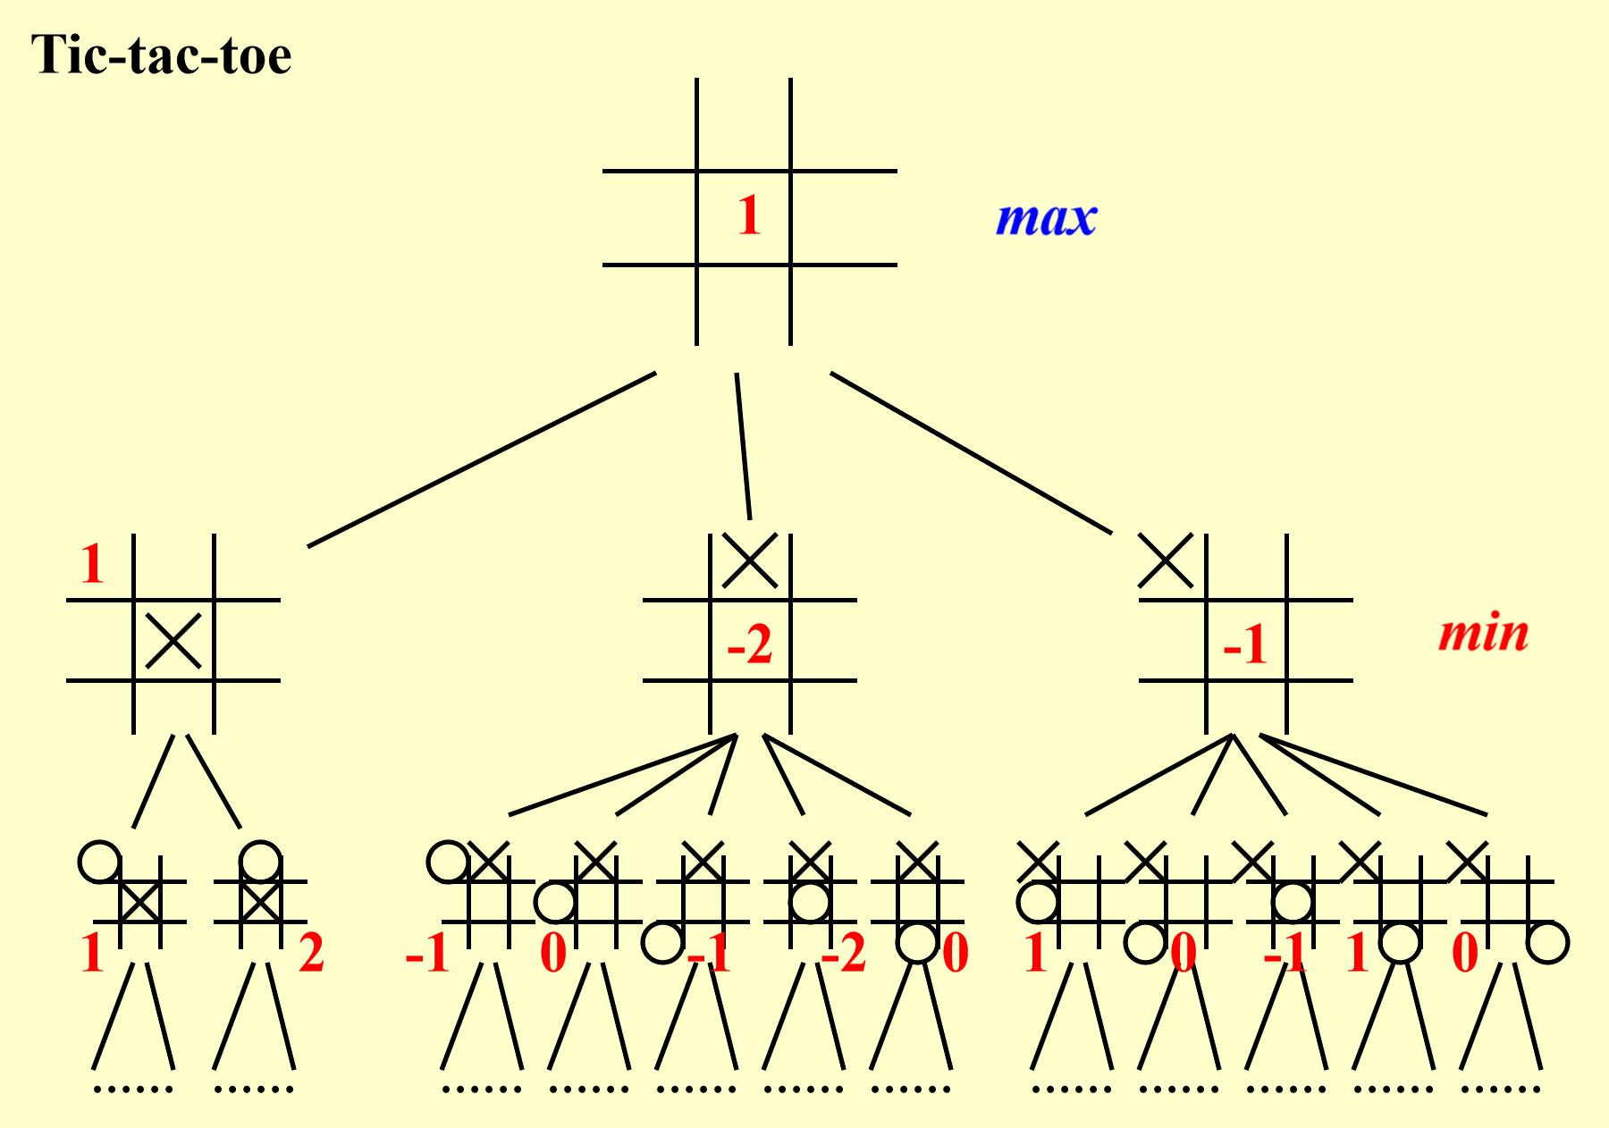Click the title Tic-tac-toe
click(x=162, y=55)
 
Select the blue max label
click(x=1046, y=218)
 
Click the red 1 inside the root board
click(x=749, y=215)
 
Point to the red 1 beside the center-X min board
click(x=92, y=565)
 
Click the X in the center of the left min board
click(x=173, y=640)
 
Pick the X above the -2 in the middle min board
click(x=749, y=560)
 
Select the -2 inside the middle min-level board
click(x=749, y=644)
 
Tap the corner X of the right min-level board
click(x=1166, y=560)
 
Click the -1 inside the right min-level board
click(x=1244, y=644)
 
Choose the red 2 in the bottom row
click(x=311, y=953)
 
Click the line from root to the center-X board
click(x=483, y=459)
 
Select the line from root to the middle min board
click(x=743, y=445)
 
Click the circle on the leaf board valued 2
click(x=260, y=861)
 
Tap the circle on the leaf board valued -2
click(x=810, y=902)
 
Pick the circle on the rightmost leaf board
click(x=1547, y=942)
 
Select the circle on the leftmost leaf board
click(x=99, y=861)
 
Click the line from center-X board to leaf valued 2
click(x=213, y=780)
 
